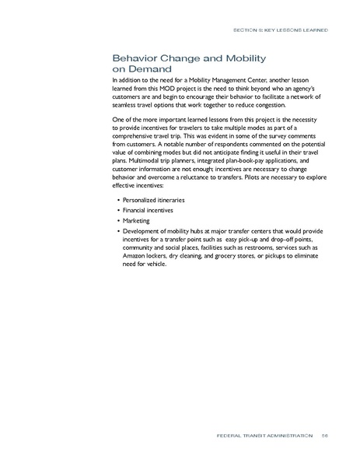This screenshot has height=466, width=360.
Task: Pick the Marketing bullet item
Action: click(x=134, y=221)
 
